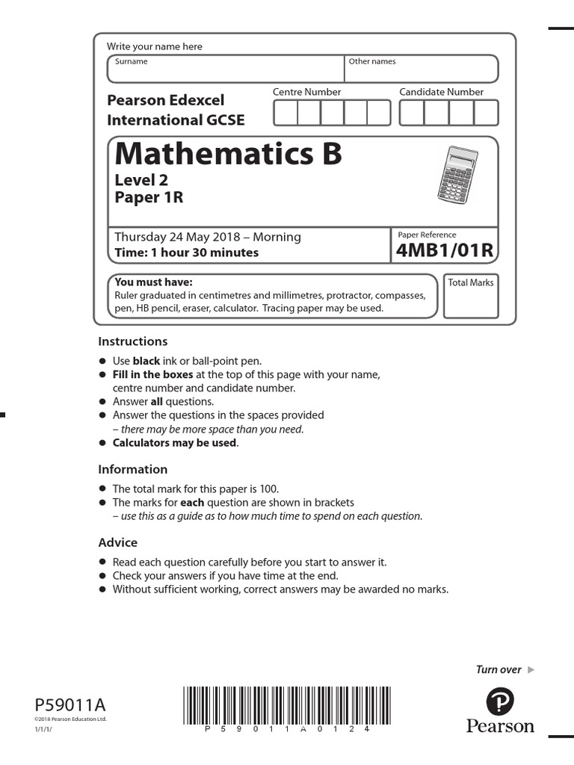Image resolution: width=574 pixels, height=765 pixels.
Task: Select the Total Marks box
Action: [471, 297]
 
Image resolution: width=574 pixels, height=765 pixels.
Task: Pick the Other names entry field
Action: [422, 69]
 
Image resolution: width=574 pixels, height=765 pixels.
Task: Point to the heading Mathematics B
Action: [228, 154]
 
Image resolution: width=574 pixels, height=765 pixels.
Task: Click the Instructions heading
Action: [133, 341]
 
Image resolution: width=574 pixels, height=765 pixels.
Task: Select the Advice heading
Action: [118, 542]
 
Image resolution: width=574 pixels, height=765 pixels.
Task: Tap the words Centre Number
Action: [306, 92]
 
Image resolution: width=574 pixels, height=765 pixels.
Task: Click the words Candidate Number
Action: [441, 92]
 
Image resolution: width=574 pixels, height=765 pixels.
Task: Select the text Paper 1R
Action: [149, 198]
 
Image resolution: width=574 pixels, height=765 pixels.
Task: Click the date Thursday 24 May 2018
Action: [179, 237]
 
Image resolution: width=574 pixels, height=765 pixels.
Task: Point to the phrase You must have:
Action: [153, 282]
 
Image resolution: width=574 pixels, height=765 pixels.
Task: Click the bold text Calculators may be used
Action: [175, 443]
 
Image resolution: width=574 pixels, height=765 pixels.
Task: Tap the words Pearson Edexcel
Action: [165, 100]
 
